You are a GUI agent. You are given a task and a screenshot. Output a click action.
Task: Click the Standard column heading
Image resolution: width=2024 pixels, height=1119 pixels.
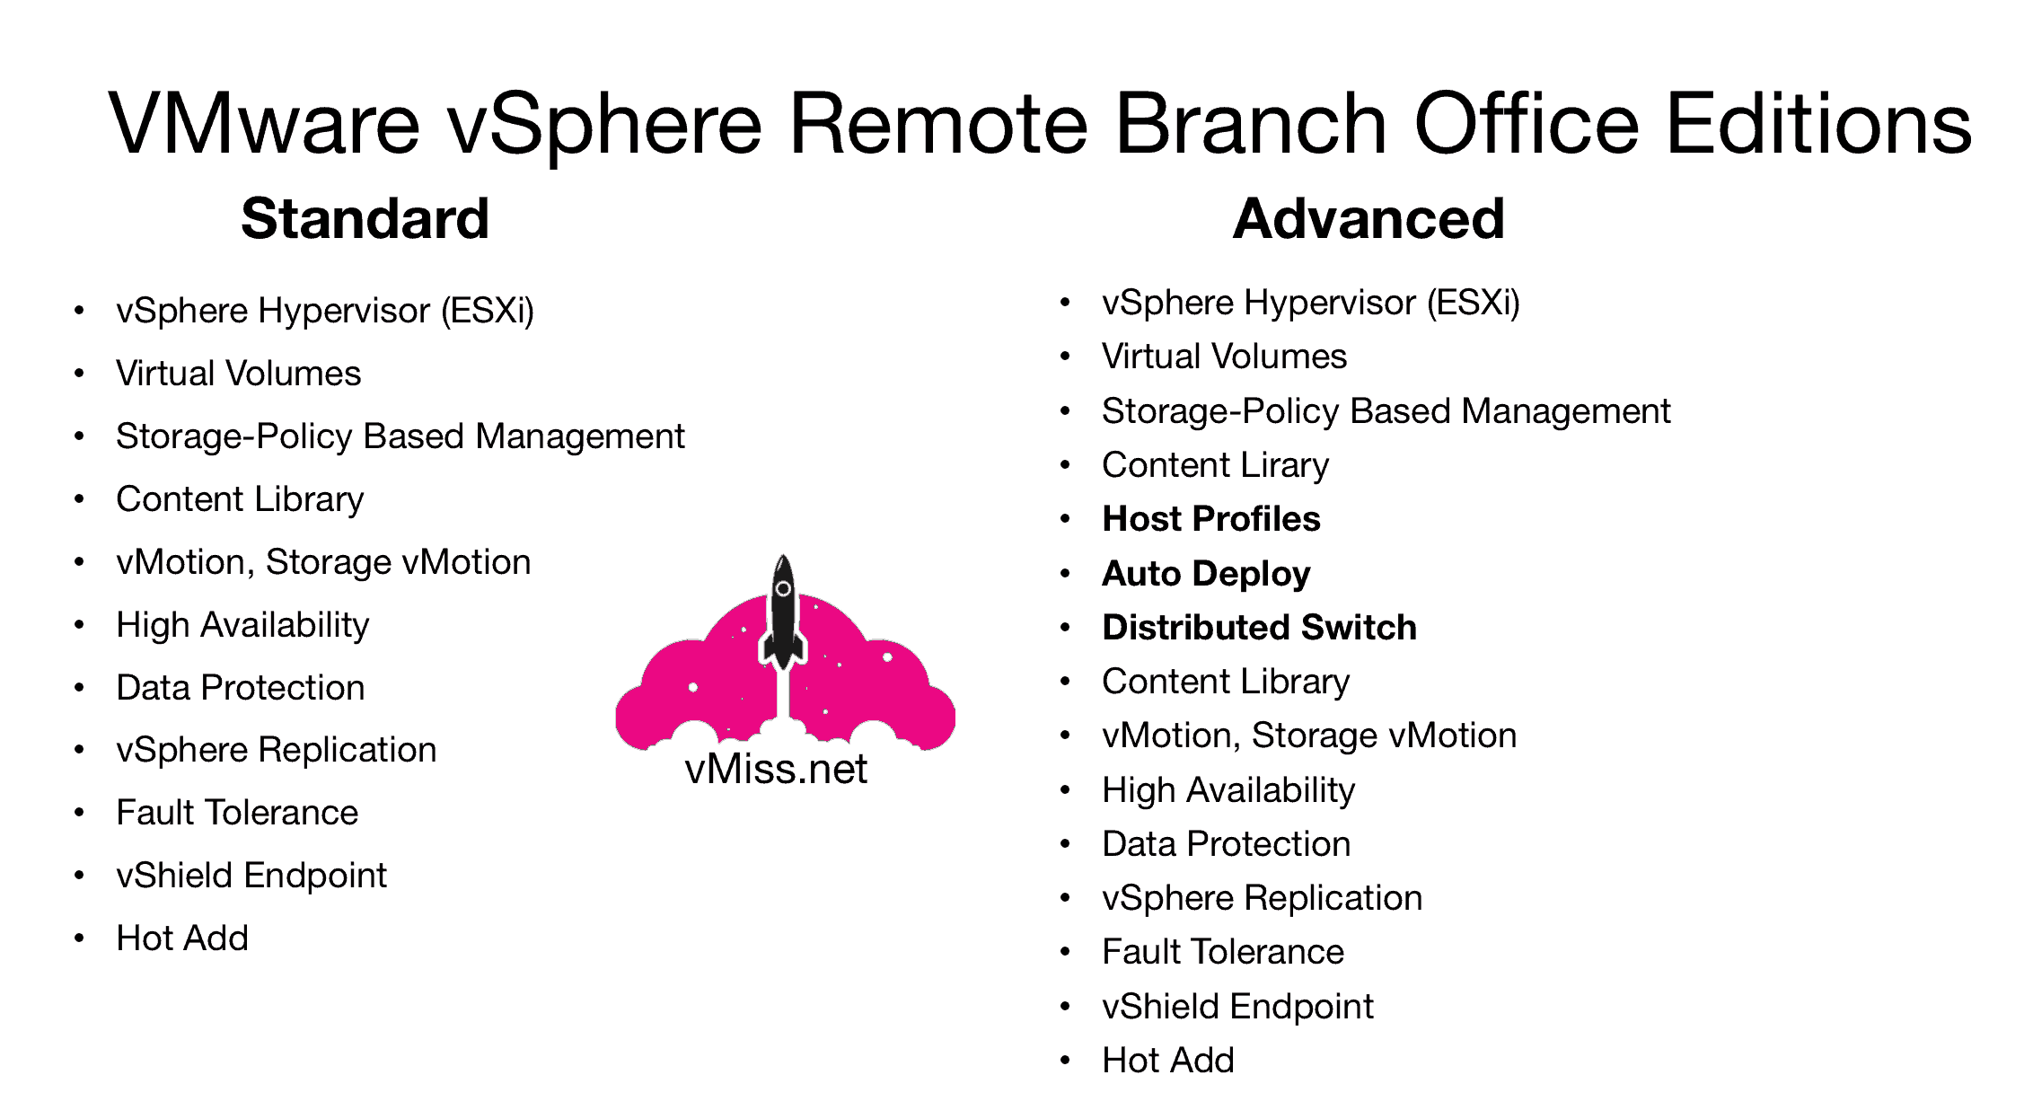click(365, 219)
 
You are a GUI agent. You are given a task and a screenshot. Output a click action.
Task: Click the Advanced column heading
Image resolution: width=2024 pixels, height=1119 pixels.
click(1368, 219)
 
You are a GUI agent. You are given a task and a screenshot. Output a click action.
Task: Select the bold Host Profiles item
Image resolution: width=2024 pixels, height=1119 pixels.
click(1210, 519)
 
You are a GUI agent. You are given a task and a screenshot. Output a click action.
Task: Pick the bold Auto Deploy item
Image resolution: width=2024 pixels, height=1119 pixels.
click(1205, 574)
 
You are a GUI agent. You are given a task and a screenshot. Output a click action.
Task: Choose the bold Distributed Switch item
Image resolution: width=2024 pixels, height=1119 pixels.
click(1259, 628)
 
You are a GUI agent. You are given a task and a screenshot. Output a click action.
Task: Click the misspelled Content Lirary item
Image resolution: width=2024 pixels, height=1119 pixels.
click(1215, 465)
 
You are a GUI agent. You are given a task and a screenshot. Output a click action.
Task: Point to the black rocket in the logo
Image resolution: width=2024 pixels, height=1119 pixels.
click(783, 620)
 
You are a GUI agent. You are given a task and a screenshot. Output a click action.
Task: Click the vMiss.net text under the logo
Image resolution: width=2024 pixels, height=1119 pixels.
click(776, 769)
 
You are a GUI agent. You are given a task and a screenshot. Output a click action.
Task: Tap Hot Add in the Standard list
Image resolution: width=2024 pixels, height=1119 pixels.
click(182, 938)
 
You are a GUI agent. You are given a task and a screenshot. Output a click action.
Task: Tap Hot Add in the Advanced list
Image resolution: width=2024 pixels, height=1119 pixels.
click(1167, 1061)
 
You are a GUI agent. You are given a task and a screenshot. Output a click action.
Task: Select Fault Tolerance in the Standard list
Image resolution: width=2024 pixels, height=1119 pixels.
click(237, 813)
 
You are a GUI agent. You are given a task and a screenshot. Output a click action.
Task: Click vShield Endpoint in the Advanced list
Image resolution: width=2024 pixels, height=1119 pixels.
click(1237, 1007)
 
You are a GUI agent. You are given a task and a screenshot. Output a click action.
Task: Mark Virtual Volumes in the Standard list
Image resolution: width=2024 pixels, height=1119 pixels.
click(238, 374)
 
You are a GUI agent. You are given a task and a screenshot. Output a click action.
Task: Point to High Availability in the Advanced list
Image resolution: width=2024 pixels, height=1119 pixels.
click(1228, 790)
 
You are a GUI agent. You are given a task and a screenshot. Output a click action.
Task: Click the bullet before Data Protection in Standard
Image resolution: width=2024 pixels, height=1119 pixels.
click(79, 688)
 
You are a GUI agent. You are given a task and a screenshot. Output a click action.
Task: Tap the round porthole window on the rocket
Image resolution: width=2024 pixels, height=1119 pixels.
click(783, 589)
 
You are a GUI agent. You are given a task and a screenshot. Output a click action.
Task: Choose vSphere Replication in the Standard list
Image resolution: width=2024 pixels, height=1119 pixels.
click(276, 750)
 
